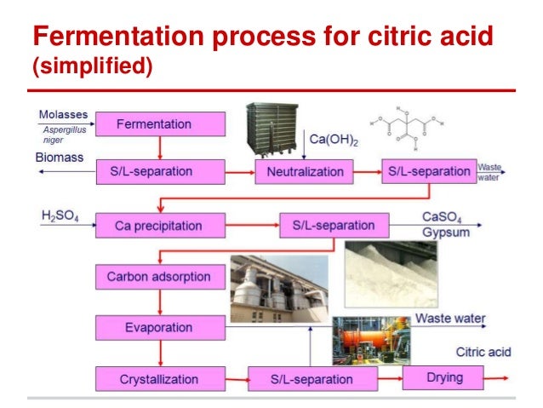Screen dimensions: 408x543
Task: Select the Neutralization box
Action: pyautogui.click(x=304, y=172)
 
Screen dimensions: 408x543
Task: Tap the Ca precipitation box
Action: pyautogui.click(x=159, y=226)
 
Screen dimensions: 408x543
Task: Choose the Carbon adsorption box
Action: pyautogui.click(x=159, y=277)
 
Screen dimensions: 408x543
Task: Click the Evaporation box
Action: pyautogui.click(x=159, y=327)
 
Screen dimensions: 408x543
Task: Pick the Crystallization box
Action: pyautogui.click(x=159, y=378)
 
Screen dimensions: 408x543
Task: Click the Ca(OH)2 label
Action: pyautogui.click(x=332, y=139)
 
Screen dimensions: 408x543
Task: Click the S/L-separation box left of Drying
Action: pyautogui.click(x=311, y=378)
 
